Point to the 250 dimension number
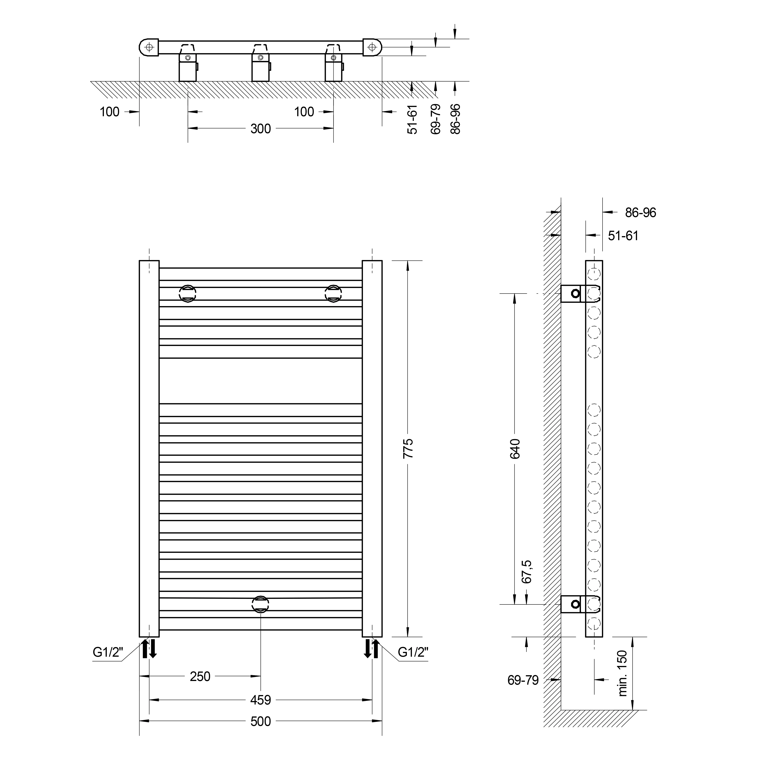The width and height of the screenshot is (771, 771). coord(200,676)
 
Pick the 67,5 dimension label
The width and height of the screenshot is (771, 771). coord(527,572)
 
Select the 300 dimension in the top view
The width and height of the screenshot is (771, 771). coord(261,129)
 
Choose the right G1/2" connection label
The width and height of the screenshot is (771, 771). coord(413,652)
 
